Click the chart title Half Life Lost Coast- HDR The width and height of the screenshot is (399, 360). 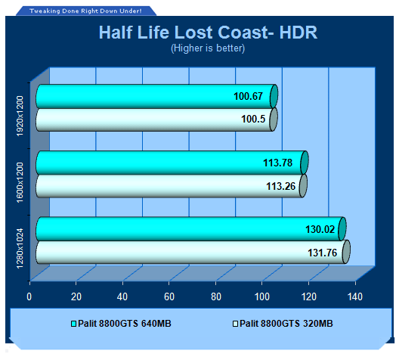[208, 33]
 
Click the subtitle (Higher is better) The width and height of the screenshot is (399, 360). [208, 48]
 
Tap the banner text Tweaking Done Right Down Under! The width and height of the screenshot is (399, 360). [85, 11]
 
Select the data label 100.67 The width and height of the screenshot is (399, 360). [248, 96]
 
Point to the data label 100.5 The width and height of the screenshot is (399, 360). [253, 119]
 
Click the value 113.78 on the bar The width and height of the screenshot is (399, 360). [277, 163]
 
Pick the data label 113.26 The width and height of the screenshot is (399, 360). [280, 186]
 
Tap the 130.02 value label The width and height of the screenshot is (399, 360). [320, 229]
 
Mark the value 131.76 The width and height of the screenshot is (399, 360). [323, 253]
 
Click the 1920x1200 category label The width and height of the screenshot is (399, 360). [20, 116]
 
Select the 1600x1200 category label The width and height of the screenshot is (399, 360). [20, 182]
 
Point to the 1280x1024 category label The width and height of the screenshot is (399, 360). [20, 249]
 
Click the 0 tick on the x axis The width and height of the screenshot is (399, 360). [29, 297]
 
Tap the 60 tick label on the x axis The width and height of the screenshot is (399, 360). [169, 297]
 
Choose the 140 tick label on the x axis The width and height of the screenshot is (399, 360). [355, 297]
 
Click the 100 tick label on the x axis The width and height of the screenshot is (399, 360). [262, 297]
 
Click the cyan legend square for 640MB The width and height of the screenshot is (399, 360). [73, 324]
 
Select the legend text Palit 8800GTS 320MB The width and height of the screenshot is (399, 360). [286, 324]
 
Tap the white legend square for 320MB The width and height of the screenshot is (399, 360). [235, 324]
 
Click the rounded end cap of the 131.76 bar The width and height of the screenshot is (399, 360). [346, 252]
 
